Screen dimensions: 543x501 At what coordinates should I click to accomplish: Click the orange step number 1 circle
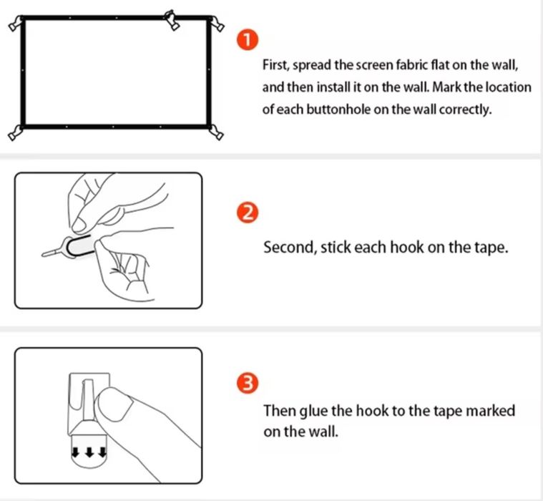point(248,40)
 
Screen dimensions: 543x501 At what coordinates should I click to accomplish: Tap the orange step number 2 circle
point(248,213)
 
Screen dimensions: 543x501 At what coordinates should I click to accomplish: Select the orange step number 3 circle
point(248,384)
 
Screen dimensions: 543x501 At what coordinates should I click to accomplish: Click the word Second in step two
point(289,248)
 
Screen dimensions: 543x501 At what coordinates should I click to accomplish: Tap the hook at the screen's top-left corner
point(15,24)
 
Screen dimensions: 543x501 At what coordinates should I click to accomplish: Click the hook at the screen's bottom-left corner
point(14,133)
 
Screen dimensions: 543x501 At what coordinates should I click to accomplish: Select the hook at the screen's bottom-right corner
point(217,132)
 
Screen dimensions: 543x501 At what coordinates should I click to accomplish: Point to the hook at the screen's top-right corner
point(217,24)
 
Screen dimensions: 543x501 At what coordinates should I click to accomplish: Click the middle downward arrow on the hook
point(89,452)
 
